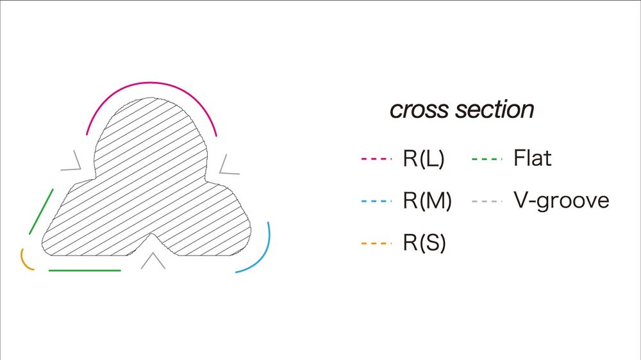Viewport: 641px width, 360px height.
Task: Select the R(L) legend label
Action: click(x=424, y=159)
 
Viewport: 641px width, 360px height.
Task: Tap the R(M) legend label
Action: click(x=427, y=201)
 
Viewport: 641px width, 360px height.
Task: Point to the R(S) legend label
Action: click(x=424, y=243)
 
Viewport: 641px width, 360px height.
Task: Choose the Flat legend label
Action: click(x=532, y=158)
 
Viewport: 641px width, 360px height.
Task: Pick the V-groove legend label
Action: click(x=561, y=201)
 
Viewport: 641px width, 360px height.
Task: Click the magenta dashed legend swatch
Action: click(x=376, y=159)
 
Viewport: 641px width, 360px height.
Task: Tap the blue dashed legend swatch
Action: click(x=376, y=201)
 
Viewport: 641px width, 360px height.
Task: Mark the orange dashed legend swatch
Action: click(x=376, y=243)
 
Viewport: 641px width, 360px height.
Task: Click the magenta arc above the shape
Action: click(x=151, y=83)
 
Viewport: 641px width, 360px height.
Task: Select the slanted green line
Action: click(x=40, y=211)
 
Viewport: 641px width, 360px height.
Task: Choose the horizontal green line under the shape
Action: click(x=85, y=270)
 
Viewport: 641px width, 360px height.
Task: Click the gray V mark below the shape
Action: click(x=153, y=261)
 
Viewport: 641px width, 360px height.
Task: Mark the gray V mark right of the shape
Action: click(x=227, y=165)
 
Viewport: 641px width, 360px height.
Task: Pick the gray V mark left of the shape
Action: click(x=73, y=163)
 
